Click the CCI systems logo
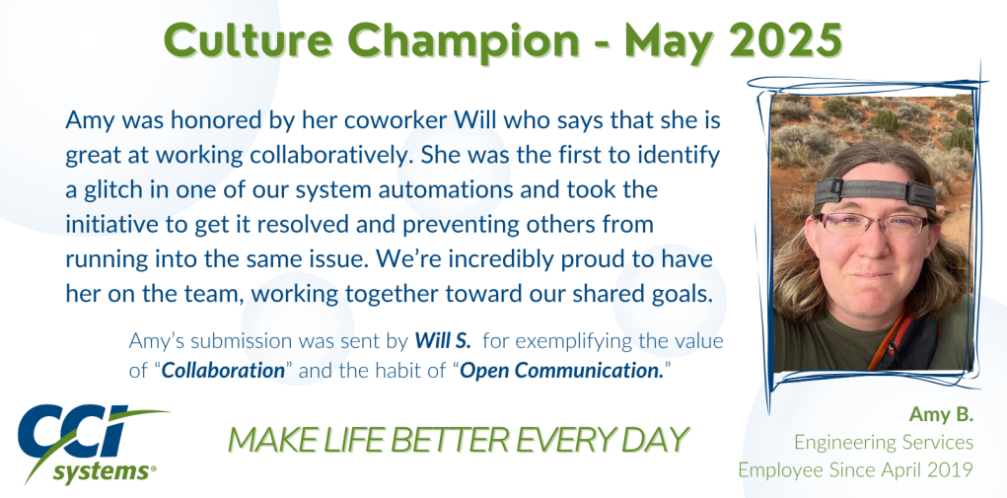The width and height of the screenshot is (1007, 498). tap(90, 444)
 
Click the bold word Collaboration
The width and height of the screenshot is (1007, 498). tap(223, 370)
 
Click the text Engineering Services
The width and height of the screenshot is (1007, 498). tap(884, 442)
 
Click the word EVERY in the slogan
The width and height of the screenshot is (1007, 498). tap(566, 440)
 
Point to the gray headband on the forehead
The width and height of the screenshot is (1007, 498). tap(874, 191)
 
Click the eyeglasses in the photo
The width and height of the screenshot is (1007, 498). tap(871, 224)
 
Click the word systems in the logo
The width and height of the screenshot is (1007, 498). tap(100, 472)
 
